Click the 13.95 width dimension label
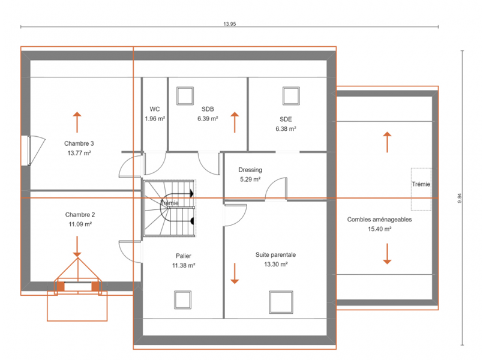[x=229, y=24]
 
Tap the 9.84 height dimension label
[x=460, y=198]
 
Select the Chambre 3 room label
[x=79, y=143]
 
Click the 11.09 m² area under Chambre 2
[x=80, y=224]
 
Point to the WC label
[x=155, y=109]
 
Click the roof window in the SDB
[x=185, y=96]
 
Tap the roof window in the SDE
[x=291, y=96]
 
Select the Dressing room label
[x=250, y=170]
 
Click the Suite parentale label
[x=275, y=254]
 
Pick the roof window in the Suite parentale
[x=281, y=302]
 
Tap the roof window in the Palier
[x=182, y=299]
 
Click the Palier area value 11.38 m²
[x=184, y=265]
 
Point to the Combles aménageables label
[x=379, y=220]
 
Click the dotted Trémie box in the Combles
[x=421, y=189]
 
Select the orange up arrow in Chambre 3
[x=77, y=122]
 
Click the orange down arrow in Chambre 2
[x=77, y=247]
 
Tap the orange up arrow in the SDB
[x=235, y=122]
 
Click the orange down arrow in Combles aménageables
[x=387, y=254]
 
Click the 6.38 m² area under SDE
[x=286, y=129]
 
